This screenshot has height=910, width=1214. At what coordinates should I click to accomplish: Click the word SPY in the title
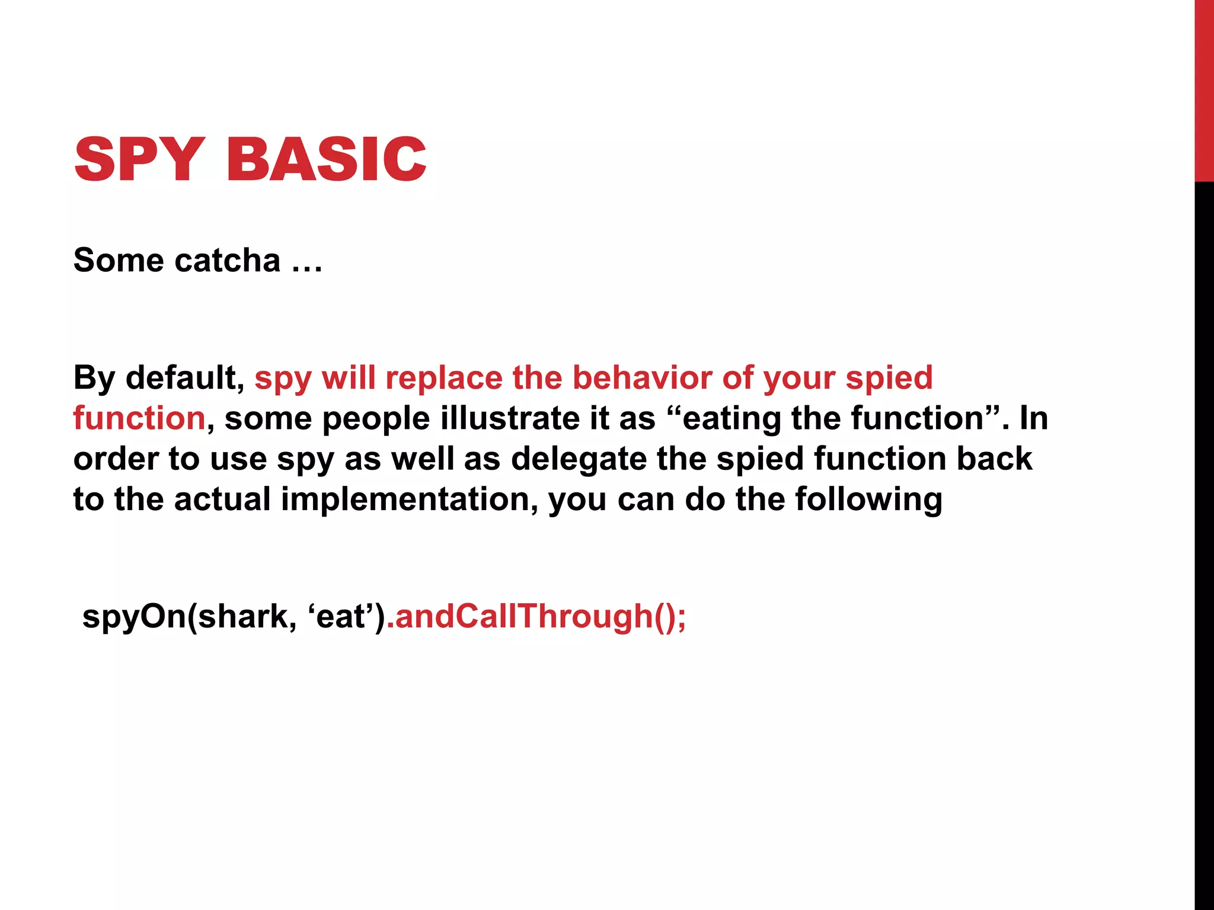[x=140, y=159]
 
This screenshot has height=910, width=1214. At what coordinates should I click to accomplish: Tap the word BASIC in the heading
[x=326, y=159]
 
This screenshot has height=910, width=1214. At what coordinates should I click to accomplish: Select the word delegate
[x=579, y=459]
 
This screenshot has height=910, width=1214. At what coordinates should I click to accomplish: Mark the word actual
[x=222, y=499]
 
